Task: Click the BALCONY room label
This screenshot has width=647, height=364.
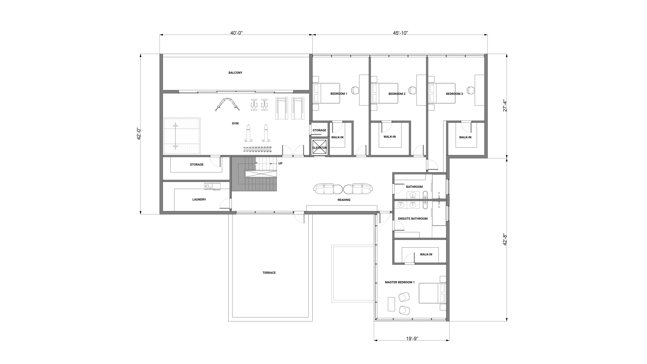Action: click(x=235, y=73)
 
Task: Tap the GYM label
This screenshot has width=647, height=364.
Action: click(x=235, y=123)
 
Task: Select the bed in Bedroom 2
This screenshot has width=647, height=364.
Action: click(x=385, y=93)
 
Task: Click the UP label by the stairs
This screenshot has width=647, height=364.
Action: click(x=280, y=163)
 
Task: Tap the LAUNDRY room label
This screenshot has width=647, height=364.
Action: click(x=199, y=199)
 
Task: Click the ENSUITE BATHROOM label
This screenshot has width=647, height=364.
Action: click(x=413, y=219)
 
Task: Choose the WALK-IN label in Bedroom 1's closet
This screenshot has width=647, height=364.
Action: click(x=337, y=137)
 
